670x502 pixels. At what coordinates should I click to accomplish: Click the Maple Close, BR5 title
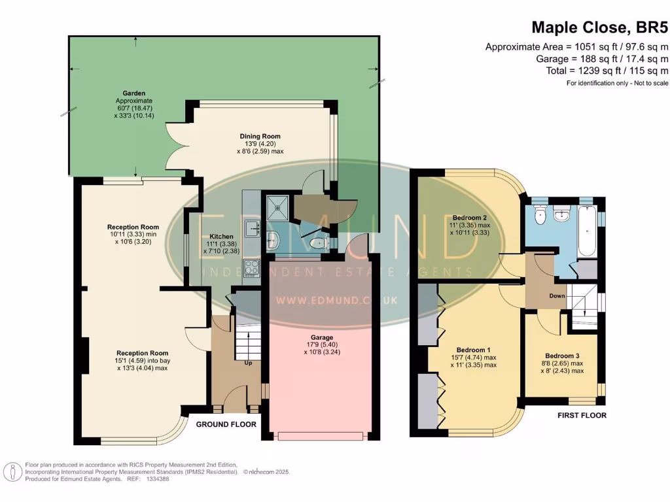click(599, 27)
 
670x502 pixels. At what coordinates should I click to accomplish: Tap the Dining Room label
click(260, 137)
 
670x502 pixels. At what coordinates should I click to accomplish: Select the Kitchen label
click(221, 237)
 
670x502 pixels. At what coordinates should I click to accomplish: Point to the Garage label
click(322, 338)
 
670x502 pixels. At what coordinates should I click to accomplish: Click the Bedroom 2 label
click(470, 218)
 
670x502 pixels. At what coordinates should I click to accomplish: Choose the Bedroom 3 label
click(562, 356)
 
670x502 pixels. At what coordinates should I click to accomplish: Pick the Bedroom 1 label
click(474, 350)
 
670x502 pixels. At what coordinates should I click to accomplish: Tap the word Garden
click(133, 93)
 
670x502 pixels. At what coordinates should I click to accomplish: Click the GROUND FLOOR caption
click(226, 424)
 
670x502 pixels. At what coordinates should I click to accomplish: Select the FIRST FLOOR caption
click(582, 415)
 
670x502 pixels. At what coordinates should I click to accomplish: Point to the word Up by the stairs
click(248, 363)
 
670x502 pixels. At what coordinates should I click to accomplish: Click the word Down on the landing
click(557, 296)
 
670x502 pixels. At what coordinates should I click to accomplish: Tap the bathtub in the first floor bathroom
click(587, 231)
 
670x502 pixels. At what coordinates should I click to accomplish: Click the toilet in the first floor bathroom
click(541, 216)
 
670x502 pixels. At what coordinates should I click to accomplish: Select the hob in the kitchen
click(252, 269)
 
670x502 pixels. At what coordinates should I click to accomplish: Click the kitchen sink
click(252, 228)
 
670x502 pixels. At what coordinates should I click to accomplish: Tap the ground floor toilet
click(319, 244)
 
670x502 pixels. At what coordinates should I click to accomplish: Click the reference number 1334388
click(158, 479)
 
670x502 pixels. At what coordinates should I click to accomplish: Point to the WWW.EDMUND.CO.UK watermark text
click(337, 301)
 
